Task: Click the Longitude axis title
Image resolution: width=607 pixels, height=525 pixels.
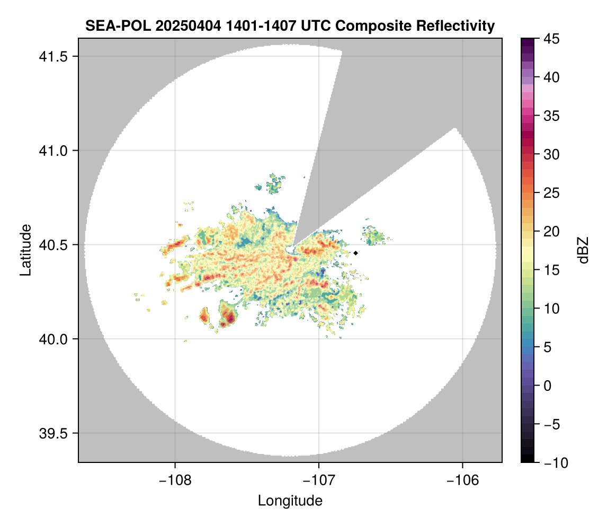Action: coord(290,501)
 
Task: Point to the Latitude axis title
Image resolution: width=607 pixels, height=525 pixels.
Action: coord(25,250)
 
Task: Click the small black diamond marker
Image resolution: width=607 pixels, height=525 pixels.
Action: coord(356,253)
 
